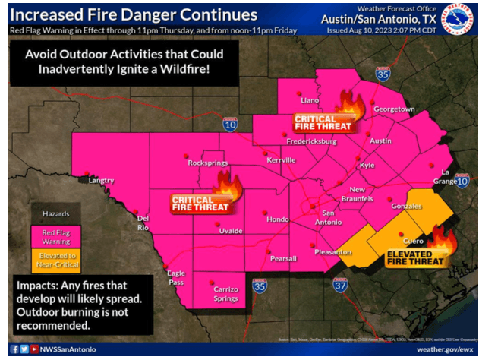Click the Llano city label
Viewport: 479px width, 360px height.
click(x=309, y=100)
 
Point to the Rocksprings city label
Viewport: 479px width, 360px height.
click(x=207, y=163)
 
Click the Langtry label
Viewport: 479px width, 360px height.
click(x=101, y=181)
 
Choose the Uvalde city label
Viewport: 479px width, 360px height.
click(x=231, y=230)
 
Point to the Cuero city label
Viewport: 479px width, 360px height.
click(x=413, y=240)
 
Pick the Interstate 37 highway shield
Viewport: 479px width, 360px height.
click(x=339, y=286)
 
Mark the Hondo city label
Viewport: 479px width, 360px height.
click(x=278, y=219)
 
